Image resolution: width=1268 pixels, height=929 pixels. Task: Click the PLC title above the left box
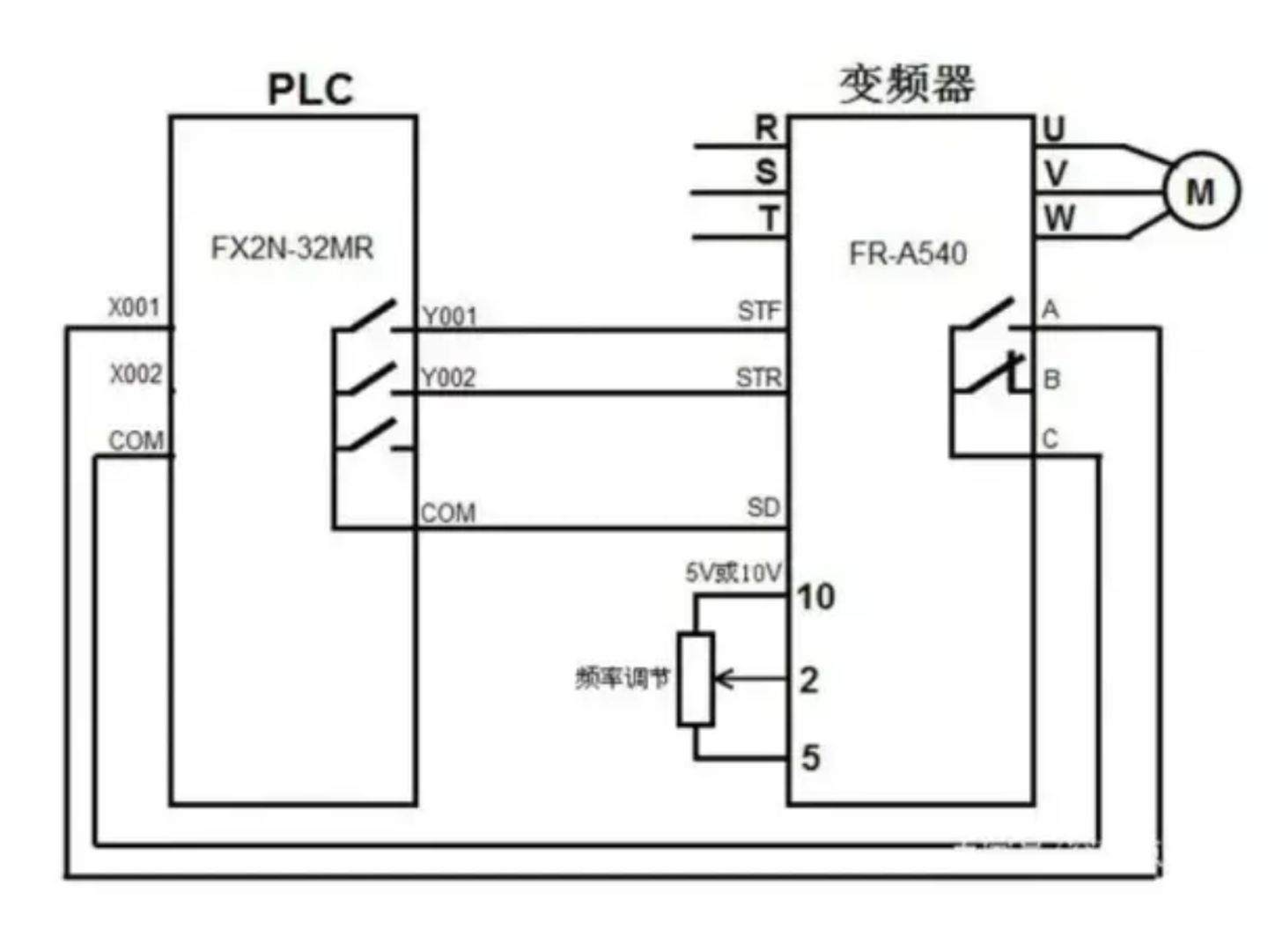coord(310,89)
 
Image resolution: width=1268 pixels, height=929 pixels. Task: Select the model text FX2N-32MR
coord(292,248)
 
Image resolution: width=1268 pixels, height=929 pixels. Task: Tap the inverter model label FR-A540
coord(907,254)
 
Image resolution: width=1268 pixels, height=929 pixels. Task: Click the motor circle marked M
coord(1201,191)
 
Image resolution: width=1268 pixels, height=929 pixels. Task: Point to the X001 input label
coord(134,307)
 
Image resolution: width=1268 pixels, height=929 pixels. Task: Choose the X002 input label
coord(136,374)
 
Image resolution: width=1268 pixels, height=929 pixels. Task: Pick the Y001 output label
coord(449,315)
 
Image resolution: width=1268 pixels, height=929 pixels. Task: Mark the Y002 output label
coord(447,378)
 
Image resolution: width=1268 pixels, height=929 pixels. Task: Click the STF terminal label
coord(758,311)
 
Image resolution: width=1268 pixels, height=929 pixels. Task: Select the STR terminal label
coord(758,378)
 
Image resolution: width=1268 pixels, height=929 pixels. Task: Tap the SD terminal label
coord(763,507)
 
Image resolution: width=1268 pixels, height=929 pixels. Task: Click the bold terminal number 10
coord(816,597)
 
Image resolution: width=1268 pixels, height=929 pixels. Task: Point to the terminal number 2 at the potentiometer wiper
coord(808,680)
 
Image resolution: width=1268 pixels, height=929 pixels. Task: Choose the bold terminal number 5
coord(810,757)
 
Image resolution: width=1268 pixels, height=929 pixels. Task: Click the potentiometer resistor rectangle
coord(695,679)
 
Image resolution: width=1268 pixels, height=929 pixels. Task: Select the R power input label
coord(766,129)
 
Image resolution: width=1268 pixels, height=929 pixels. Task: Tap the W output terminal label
coord(1059,218)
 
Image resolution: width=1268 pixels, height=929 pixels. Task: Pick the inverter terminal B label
coord(1051,380)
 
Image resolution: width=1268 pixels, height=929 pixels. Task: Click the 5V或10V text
coord(733,573)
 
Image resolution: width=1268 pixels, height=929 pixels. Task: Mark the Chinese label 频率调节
coord(623,678)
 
